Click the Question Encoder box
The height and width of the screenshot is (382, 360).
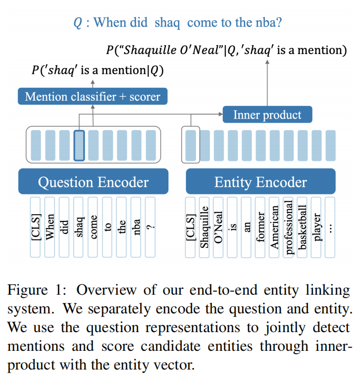coord(93,182)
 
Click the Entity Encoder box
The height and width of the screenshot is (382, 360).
coord(260,182)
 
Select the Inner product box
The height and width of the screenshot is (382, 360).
coord(267,114)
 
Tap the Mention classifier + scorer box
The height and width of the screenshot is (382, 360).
coord(93,96)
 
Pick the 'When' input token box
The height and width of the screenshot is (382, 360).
coord(50,227)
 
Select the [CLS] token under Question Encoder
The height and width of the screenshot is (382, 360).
coord(35,227)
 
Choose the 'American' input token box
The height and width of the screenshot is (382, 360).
coord(274,227)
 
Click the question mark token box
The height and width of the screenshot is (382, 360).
coord(151,227)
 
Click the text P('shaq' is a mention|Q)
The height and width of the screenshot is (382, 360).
coord(97,70)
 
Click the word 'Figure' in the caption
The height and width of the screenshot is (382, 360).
coord(29,290)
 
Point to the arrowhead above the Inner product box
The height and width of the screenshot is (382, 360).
coord(267,62)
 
